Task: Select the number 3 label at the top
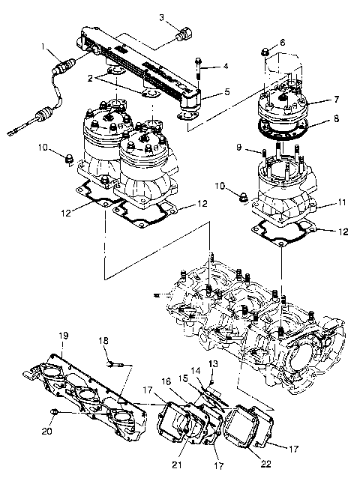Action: (x=161, y=16)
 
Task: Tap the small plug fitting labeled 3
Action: (x=182, y=34)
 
